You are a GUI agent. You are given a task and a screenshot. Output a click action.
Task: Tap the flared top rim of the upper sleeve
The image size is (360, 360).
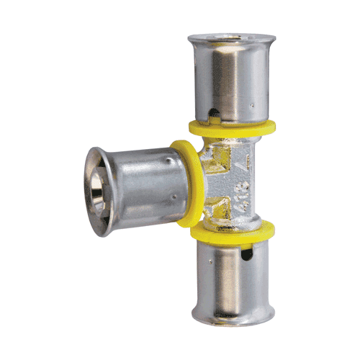point(229,39)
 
